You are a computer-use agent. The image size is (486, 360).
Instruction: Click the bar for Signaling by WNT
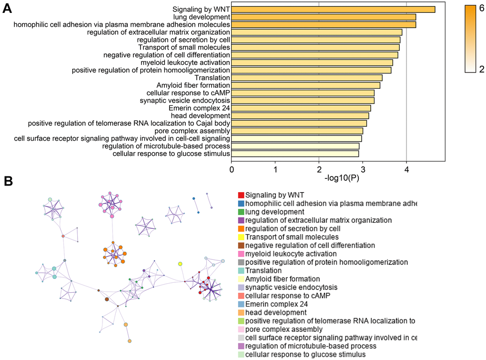click(333, 10)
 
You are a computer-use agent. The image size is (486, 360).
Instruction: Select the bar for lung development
click(324, 17)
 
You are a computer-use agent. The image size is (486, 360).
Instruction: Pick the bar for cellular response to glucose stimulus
click(295, 154)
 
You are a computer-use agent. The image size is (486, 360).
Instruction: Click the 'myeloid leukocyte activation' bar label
click(185, 62)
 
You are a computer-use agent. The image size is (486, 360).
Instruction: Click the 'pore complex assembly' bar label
click(194, 131)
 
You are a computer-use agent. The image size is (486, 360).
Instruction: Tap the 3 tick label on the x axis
click(363, 169)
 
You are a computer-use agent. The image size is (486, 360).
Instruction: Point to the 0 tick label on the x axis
click(232, 169)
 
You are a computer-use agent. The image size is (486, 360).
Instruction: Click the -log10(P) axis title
click(341, 178)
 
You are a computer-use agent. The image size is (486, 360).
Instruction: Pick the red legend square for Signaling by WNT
click(241, 195)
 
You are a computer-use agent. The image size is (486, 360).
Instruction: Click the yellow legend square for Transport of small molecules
click(241, 237)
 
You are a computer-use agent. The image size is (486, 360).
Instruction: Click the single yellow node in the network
click(180, 264)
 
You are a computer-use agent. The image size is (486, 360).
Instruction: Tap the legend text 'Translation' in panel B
click(263, 270)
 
